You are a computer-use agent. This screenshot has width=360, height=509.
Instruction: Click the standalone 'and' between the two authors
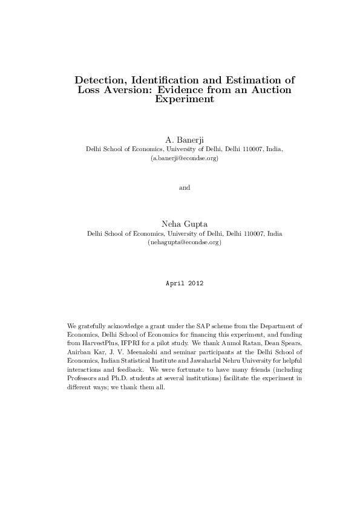(185, 187)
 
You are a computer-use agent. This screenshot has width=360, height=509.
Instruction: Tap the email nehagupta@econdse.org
(185, 242)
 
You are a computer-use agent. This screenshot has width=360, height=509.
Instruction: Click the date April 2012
(185, 283)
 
